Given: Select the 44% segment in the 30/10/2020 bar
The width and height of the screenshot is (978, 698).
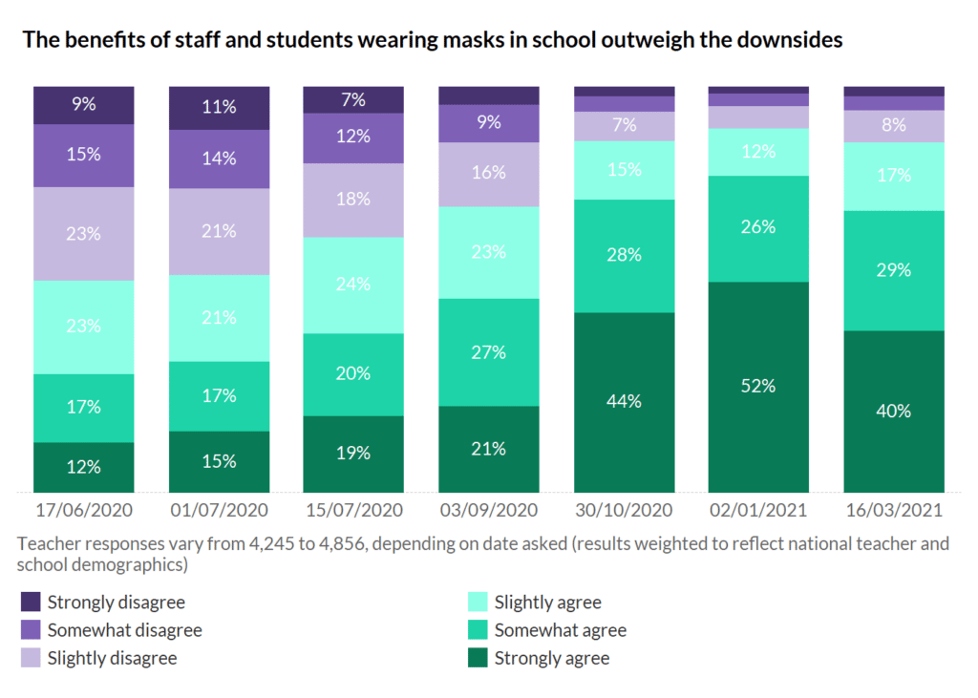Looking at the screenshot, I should tap(624, 402).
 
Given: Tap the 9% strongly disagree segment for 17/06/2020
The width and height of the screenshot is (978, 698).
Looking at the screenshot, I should tap(84, 105).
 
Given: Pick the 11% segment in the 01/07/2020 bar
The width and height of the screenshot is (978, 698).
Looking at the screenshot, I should tap(219, 107).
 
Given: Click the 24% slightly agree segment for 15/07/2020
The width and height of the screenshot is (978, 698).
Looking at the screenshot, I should tap(353, 285).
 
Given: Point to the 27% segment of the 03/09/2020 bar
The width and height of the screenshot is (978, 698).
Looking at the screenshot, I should tap(489, 352).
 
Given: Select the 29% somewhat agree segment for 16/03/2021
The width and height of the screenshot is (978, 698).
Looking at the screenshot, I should tap(894, 270).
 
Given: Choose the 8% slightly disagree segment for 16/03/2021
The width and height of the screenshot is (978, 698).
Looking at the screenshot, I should tap(894, 126).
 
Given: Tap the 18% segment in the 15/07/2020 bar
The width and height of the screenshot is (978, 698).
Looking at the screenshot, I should tap(353, 200).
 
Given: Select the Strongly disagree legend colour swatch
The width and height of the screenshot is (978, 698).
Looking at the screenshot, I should tap(31, 603).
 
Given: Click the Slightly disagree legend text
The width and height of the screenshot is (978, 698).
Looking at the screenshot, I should tap(112, 658).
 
